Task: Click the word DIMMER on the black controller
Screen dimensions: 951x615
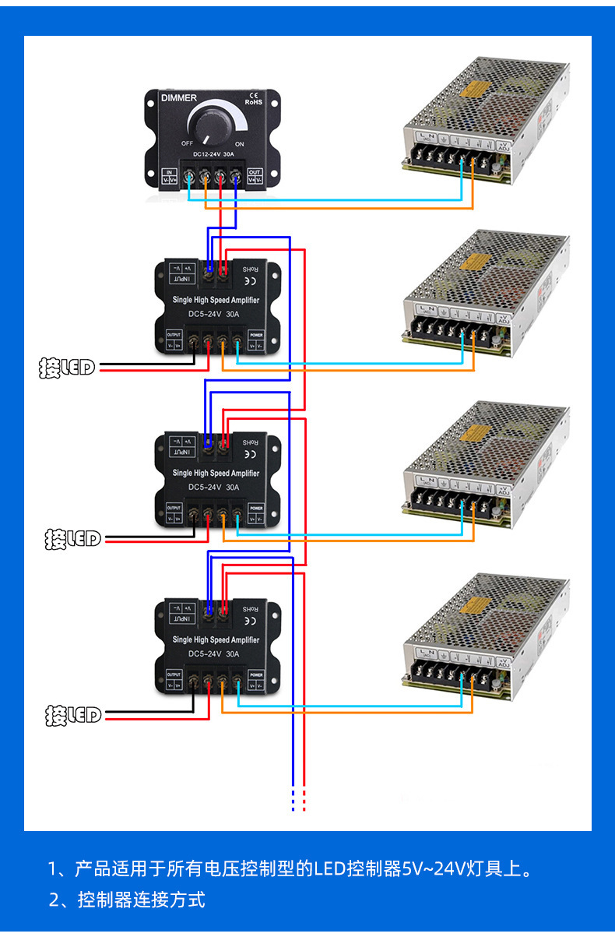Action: pyautogui.click(x=178, y=98)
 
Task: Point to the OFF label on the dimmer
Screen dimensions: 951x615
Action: pyautogui.click(x=188, y=144)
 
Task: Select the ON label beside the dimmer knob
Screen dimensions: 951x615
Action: pyautogui.click(x=239, y=144)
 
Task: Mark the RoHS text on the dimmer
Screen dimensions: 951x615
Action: pyautogui.click(x=254, y=101)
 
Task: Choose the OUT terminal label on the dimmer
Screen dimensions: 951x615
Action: pyautogui.click(x=255, y=171)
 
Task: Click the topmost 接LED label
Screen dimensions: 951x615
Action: pyautogui.click(x=67, y=368)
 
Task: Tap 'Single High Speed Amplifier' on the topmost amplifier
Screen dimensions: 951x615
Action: pyautogui.click(x=216, y=300)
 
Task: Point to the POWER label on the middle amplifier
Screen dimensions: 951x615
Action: pyautogui.click(x=256, y=508)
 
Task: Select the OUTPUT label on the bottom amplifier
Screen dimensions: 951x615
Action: pyautogui.click(x=174, y=675)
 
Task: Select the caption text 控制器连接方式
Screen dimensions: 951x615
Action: pyautogui.click(x=141, y=900)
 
